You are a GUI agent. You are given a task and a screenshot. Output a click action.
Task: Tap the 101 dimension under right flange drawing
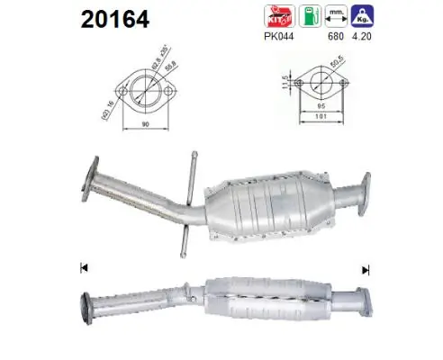[x=321, y=117]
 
